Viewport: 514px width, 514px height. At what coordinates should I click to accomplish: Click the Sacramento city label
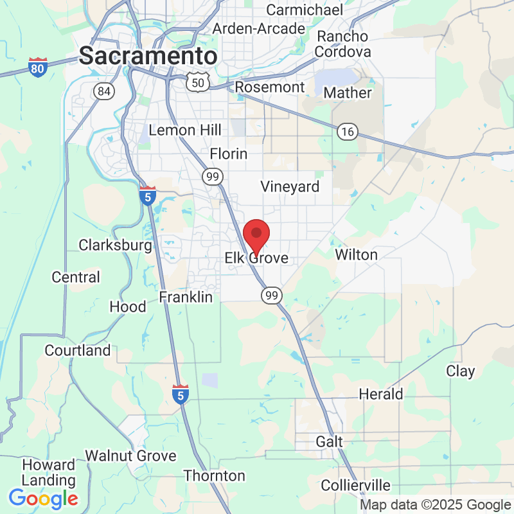(x=148, y=55)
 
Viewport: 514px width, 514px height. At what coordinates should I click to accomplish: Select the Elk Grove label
(x=256, y=258)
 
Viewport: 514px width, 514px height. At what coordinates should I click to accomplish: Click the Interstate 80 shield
(x=38, y=67)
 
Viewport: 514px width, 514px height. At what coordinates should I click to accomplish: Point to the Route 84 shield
(x=103, y=91)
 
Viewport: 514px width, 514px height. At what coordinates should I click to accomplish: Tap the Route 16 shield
(x=347, y=132)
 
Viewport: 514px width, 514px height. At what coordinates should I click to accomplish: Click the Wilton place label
(x=357, y=254)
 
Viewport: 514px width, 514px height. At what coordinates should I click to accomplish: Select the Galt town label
(x=330, y=442)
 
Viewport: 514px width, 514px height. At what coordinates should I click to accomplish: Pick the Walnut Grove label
(x=130, y=456)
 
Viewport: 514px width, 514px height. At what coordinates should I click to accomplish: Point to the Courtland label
(x=78, y=351)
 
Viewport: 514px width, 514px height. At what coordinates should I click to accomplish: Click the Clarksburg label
(x=115, y=245)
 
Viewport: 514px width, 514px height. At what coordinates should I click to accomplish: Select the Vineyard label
(x=290, y=186)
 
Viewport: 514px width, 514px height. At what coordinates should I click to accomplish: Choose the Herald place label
(x=381, y=394)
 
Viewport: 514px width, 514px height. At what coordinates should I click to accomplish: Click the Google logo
(x=43, y=498)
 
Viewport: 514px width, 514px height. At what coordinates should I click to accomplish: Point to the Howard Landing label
(x=48, y=472)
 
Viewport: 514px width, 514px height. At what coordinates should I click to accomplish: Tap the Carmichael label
(x=298, y=10)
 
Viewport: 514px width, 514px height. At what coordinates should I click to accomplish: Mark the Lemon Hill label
(x=185, y=130)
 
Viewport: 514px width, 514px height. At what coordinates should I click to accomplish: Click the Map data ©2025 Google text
(x=435, y=505)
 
